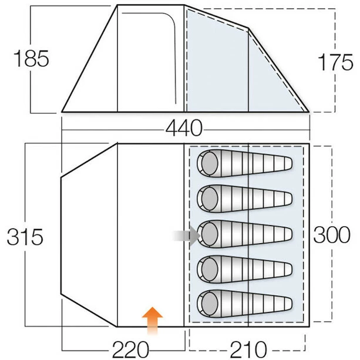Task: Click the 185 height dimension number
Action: click(x=30, y=60)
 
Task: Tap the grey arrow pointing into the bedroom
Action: click(x=187, y=235)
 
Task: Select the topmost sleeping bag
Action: click(x=244, y=163)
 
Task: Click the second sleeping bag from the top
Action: click(x=244, y=198)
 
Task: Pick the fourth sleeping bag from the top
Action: click(x=244, y=270)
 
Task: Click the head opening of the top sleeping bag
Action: click(x=208, y=163)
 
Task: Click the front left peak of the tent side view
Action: click(x=117, y=6)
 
